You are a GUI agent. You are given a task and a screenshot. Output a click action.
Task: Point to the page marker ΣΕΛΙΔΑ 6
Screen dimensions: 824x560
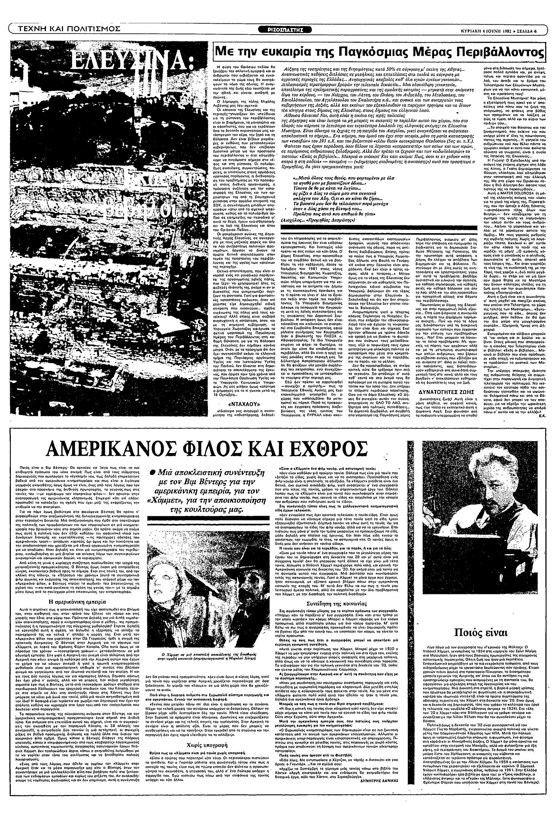point(527,30)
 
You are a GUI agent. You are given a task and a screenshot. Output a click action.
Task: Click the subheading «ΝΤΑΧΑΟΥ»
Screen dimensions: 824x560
point(236,404)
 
